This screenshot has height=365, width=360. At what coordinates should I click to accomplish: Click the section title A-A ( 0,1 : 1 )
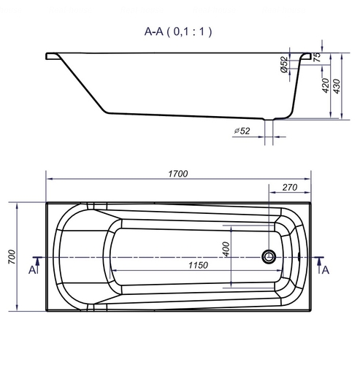(x=178, y=31)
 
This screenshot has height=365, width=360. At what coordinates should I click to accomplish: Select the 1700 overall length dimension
(x=178, y=174)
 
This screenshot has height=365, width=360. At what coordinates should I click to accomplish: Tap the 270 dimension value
(x=290, y=188)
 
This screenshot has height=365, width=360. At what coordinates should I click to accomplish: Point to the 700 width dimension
(x=12, y=257)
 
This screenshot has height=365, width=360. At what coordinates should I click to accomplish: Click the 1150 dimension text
(x=198, y=265)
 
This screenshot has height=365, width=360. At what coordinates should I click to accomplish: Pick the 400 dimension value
(x=226, y=249)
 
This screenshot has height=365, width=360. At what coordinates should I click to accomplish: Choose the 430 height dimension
(x=337, y=86)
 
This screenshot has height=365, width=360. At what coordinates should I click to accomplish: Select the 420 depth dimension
(x=326, y=85)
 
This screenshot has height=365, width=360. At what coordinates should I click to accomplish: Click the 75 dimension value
(x=317, y=58)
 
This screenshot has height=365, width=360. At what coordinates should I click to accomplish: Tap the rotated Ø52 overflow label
(x=284, y=64)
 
